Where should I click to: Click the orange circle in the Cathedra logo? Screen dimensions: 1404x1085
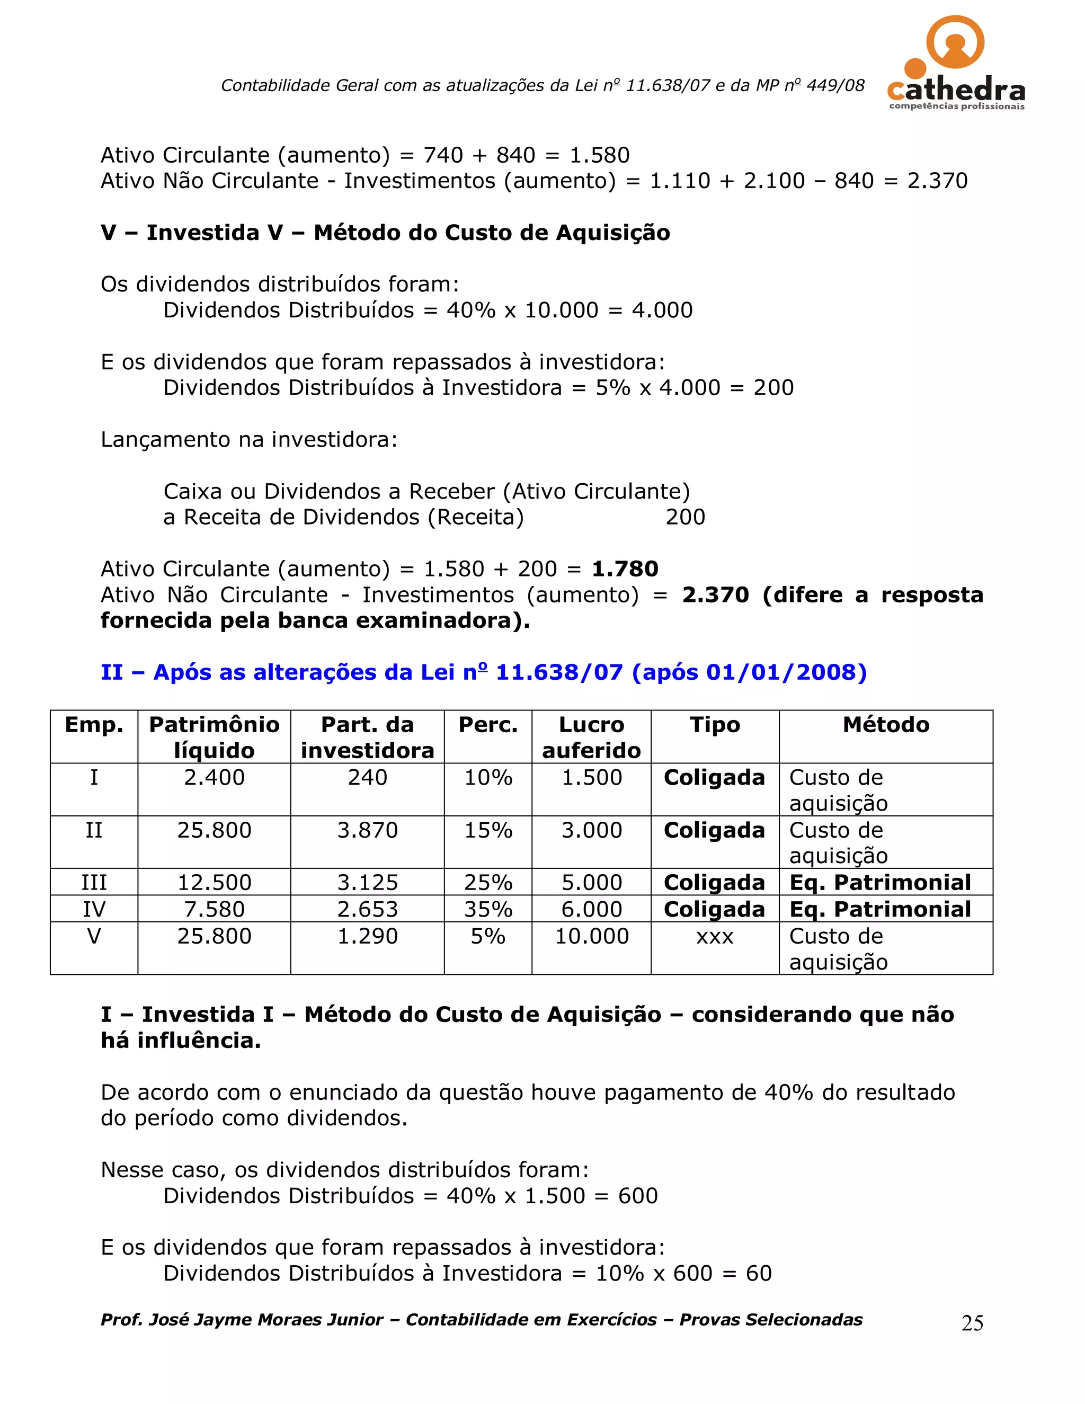pos(955,42)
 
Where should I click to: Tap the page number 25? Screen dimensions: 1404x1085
pos(972,1323)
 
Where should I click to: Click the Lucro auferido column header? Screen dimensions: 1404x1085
pos(591,737)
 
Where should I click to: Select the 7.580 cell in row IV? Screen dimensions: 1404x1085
pos(214,909)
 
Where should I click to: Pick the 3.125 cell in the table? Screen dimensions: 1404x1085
pos(367,882)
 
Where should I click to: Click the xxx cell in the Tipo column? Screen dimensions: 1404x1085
pos(714,937)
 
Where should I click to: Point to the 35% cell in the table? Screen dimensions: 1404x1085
pos(488,909)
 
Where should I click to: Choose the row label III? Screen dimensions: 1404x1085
pos(94,882)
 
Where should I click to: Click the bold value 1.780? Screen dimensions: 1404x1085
pos(625,569)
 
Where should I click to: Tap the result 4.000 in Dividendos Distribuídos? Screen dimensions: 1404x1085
pos(662,310)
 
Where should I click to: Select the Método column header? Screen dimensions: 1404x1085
pos(885,724)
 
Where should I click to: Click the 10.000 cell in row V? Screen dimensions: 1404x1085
pos(591,936)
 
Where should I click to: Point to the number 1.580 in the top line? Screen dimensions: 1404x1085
pos(600,155)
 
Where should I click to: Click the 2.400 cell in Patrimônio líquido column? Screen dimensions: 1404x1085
pos(214,777)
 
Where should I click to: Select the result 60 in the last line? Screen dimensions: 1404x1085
pos(759,1274)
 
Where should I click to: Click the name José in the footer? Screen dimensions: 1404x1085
pos(169,1320)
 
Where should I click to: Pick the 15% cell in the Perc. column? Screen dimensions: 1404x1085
pos(488,830)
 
